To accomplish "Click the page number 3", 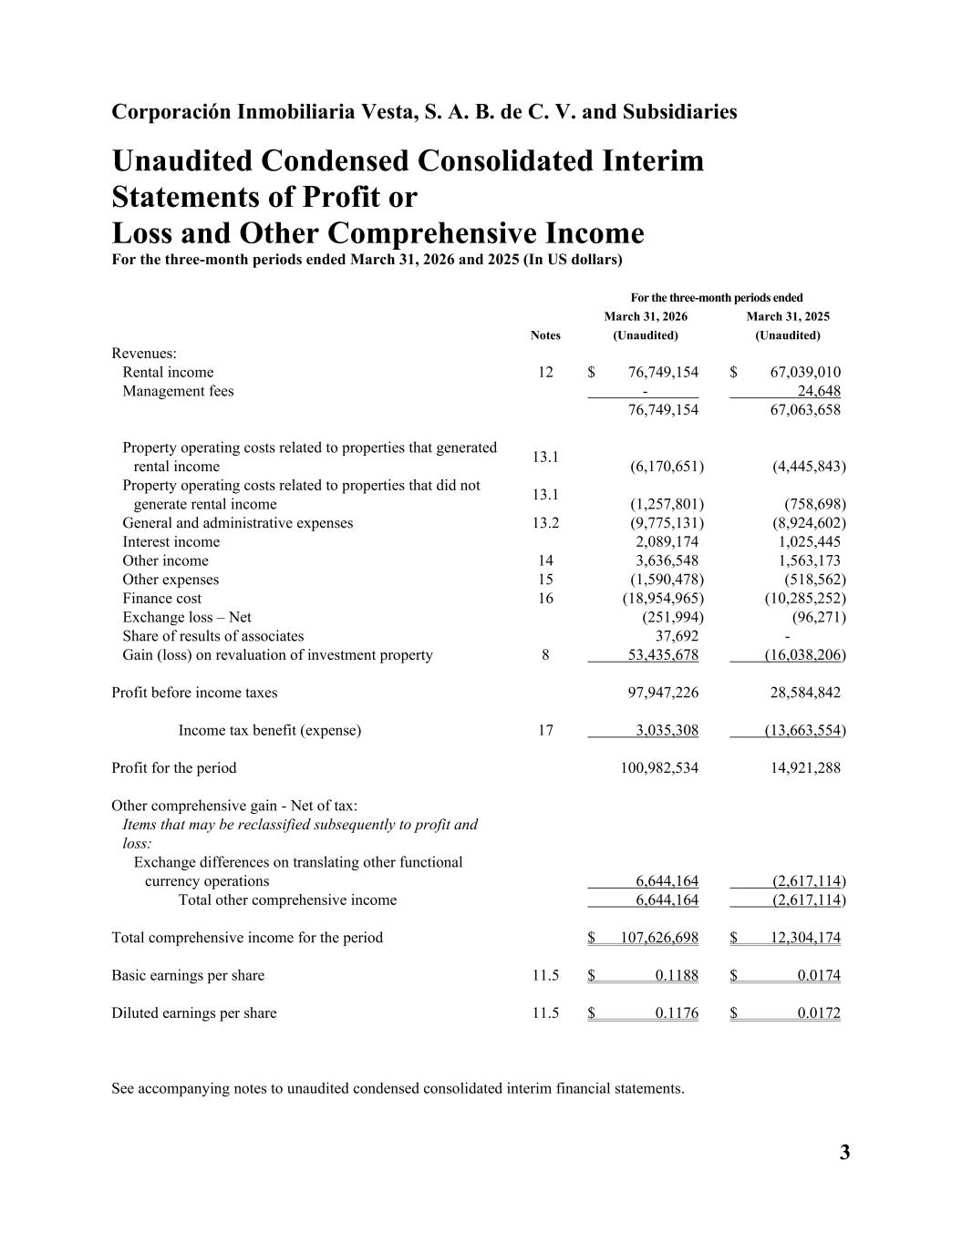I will [844, 1153].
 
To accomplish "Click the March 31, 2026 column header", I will [646, 317].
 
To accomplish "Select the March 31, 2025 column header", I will [788, 317].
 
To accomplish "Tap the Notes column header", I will [545, 335].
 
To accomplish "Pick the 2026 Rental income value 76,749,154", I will [664, 372].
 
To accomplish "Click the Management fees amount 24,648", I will [819, 391].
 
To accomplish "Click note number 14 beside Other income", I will [545, 560].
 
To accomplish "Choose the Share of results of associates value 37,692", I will [678, 635].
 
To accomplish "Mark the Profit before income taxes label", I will [194, 693].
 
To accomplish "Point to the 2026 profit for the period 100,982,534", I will [659, 767].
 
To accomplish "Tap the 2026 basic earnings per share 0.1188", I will [677, 975].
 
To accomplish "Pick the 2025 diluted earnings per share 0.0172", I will [819, 1013].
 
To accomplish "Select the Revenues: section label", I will [144, 353].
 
